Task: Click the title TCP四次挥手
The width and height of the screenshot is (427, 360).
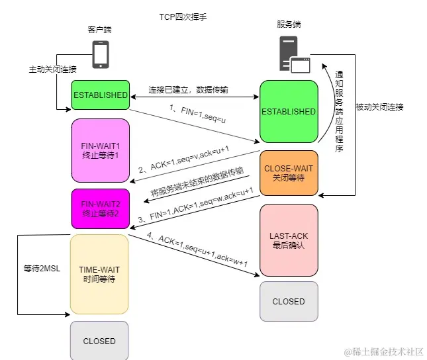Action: (183, 17)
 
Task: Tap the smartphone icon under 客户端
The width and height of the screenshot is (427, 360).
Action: (101, 54)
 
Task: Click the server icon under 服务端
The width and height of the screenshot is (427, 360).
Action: (295, 54)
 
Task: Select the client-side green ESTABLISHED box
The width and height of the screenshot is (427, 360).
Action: (101, 95)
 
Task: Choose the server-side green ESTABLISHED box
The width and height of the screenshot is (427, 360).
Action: (289, 111)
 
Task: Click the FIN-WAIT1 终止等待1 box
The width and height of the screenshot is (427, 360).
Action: (101, 151)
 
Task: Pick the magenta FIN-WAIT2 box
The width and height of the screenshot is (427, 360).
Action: (101, 209)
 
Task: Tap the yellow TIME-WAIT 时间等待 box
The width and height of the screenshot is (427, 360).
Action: (99, 274)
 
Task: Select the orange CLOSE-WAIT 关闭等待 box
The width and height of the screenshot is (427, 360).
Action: (289, 173)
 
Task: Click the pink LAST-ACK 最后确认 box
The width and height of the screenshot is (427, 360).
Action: (289, 240)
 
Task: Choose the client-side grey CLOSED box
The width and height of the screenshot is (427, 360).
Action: (99, 341)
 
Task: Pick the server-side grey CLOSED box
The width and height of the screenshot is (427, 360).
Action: (289, 302)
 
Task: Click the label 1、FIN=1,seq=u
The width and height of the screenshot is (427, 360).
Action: (198, 114)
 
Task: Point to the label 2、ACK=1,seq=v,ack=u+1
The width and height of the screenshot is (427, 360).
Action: (183, 159)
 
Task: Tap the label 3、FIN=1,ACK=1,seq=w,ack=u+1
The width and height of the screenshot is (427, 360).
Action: (195, 205)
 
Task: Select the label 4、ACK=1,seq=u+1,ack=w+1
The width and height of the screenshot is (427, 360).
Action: (197, 249)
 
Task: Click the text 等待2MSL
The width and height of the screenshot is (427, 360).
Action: (42, 269)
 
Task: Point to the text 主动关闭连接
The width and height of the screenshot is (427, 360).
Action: (52, 69)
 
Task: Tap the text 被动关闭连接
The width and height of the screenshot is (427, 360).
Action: (379, 107)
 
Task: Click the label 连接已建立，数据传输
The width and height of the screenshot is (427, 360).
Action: (188, 89)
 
